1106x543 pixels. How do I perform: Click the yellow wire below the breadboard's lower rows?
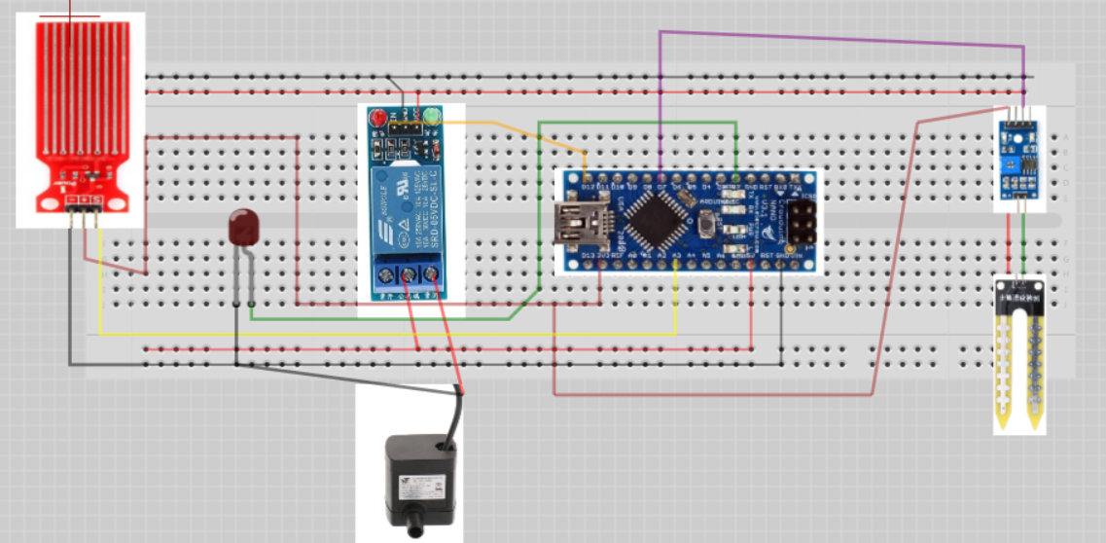point(389,335)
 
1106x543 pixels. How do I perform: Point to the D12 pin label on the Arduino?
point(586,186)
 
